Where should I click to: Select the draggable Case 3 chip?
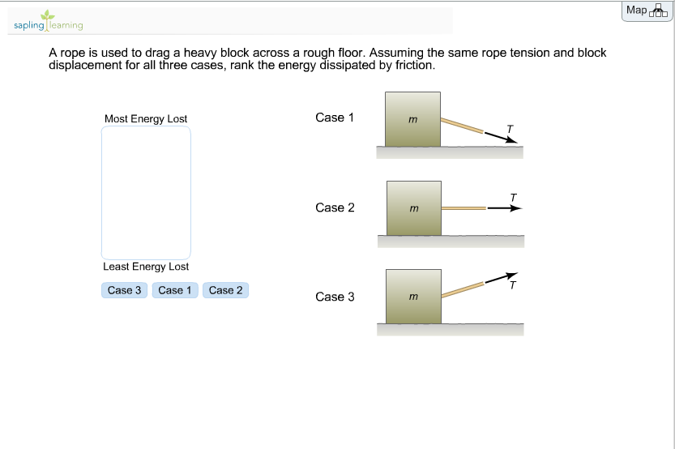coord(124,290)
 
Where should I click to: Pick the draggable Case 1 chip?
coord(175,290)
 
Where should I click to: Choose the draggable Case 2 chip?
coord(225,290)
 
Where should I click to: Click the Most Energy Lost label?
coord(146,119)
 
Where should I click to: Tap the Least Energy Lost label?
coord(146,267)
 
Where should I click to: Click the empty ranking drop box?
coord(146,193)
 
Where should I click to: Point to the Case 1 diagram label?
coord(335,118)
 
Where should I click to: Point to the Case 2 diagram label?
coord(335,207)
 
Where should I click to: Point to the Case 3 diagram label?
coord(335,297)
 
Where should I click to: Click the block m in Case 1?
coord(413,119)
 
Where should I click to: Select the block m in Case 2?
coord(414,208)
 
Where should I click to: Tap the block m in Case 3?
coord(413,297)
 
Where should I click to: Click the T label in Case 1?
coord(509,128)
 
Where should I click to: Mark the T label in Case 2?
coord(513,197)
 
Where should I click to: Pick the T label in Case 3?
coord(512,285)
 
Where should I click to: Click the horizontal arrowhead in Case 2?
coord(516,208)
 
